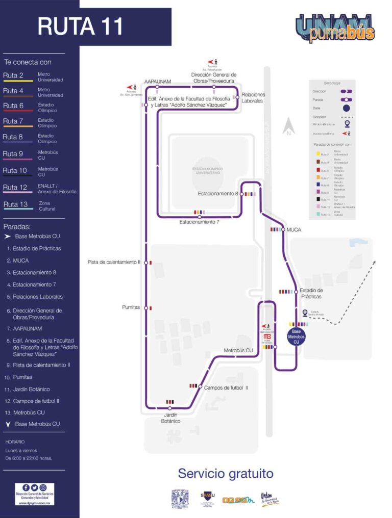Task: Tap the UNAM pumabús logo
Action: click(x=335, y=28)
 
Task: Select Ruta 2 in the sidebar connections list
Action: click(x=14, y=76)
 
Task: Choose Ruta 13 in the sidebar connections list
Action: click(x=15, y=204)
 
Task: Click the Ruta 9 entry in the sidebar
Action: click(x=14, y=153)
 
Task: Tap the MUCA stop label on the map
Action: click(x=294, y=230)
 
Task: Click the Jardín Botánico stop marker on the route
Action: click(x=170, y=408)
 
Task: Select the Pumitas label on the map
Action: click(x=131, y=307)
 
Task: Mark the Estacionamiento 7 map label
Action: click(x=199, y=222)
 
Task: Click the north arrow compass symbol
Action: click(x=288, y=126)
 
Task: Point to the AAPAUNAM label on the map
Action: click(x=157, y=81)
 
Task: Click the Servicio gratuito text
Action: click(x=225, y=474)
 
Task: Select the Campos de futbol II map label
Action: click(x=226, y=387)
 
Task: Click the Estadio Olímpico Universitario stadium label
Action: click(x=206, y=171)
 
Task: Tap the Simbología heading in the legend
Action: click(x=332, y=83)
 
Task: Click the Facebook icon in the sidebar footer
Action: click(x=26, y=487)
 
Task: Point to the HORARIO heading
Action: click(x=15, y=442)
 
